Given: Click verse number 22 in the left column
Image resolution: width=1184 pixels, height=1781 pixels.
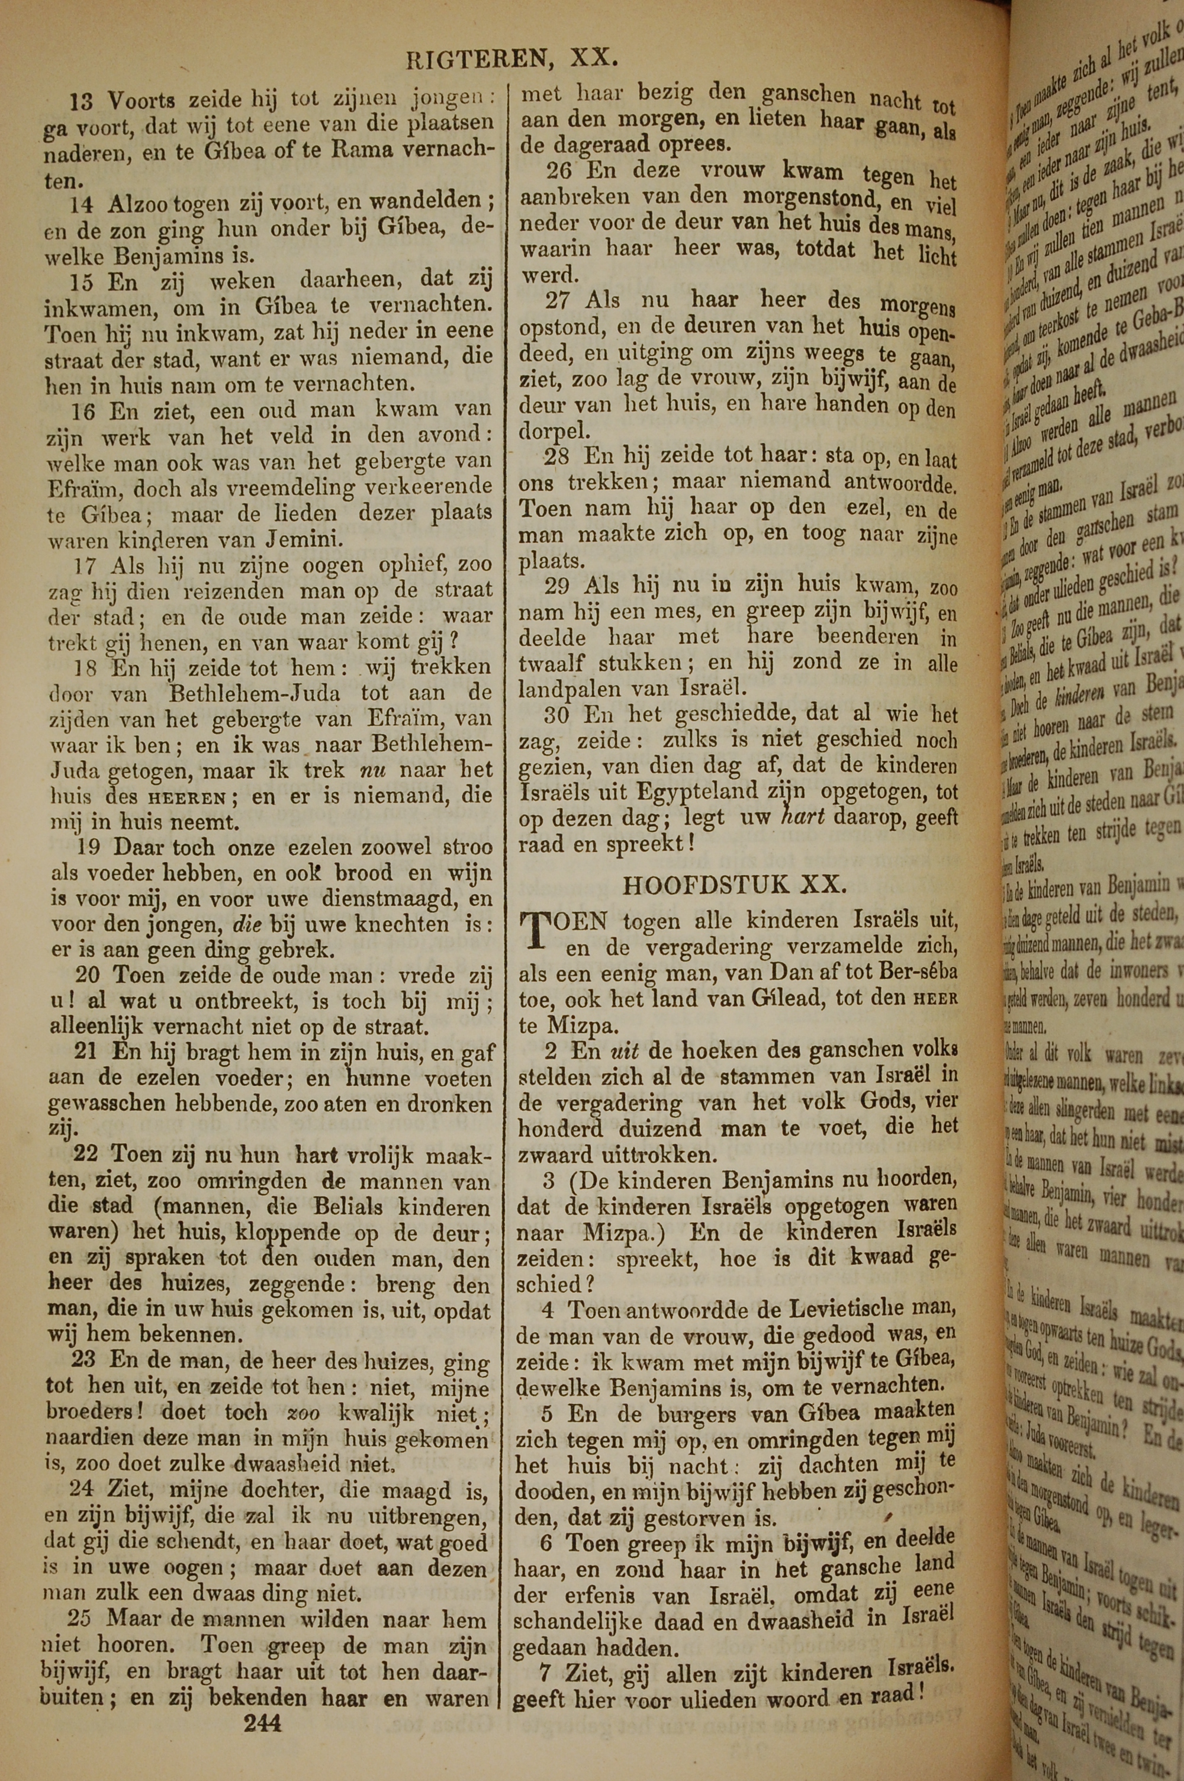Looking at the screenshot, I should [88, 1155].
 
